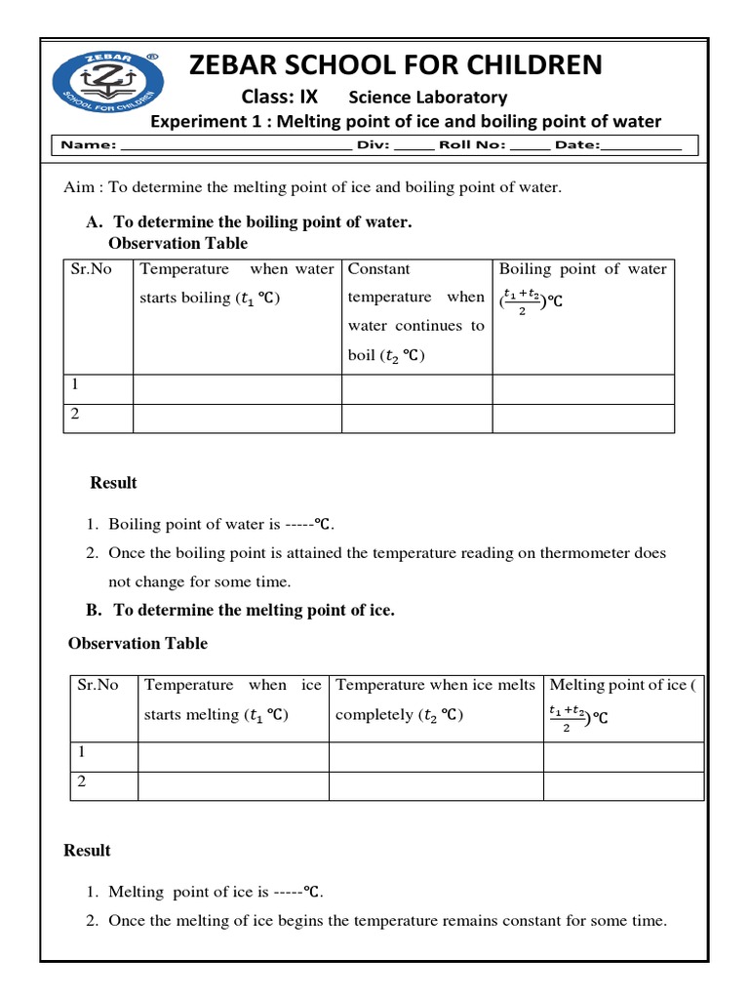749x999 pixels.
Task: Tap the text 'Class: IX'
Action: tap(280, 97)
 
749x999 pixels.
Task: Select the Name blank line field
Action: tap(234, 145)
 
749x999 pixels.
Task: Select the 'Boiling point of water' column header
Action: tap(582, 269)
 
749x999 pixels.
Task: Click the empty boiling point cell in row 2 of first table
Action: tap(582, 418)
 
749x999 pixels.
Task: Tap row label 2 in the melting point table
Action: tap(83, 783)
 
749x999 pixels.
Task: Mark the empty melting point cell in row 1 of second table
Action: tap(622, 756)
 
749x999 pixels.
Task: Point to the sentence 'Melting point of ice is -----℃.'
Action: tap(216, 892)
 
